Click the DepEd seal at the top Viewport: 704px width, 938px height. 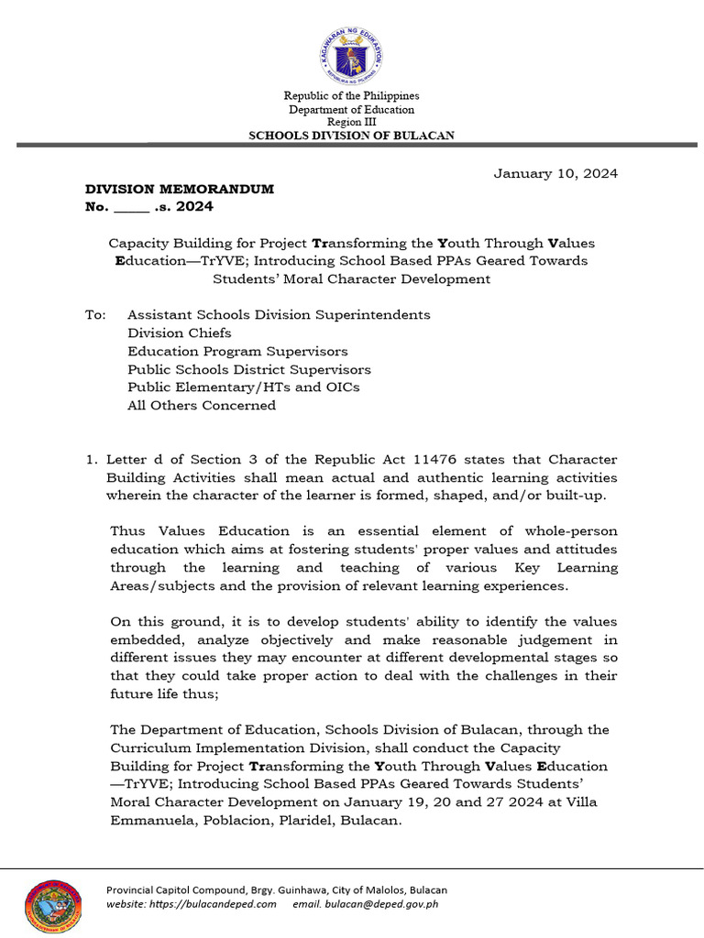point(351,53)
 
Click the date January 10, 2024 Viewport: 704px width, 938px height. point(555,173)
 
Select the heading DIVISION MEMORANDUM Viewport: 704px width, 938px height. point(180,190)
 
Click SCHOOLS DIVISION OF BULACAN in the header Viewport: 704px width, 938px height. point(352,136)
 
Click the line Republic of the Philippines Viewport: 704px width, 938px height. point(352,96)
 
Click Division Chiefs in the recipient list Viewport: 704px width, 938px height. point(180,333)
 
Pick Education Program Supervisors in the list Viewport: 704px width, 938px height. point(237,351)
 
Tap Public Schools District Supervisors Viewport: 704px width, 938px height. point(249,369)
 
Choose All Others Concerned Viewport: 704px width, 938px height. point(202,405)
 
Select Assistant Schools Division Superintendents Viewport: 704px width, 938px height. point(279,314)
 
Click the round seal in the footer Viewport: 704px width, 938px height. point(52,906)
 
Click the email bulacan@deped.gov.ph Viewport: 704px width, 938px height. point(380,904)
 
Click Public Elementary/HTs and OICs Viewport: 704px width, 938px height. point(244,387)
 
